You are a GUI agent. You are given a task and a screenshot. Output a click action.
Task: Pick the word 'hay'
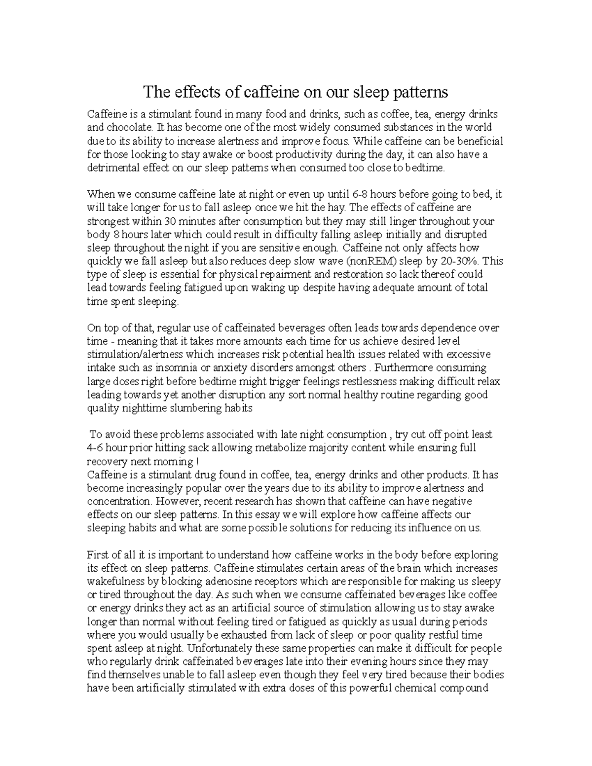336,208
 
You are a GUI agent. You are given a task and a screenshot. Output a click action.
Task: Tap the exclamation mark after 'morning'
198,462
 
